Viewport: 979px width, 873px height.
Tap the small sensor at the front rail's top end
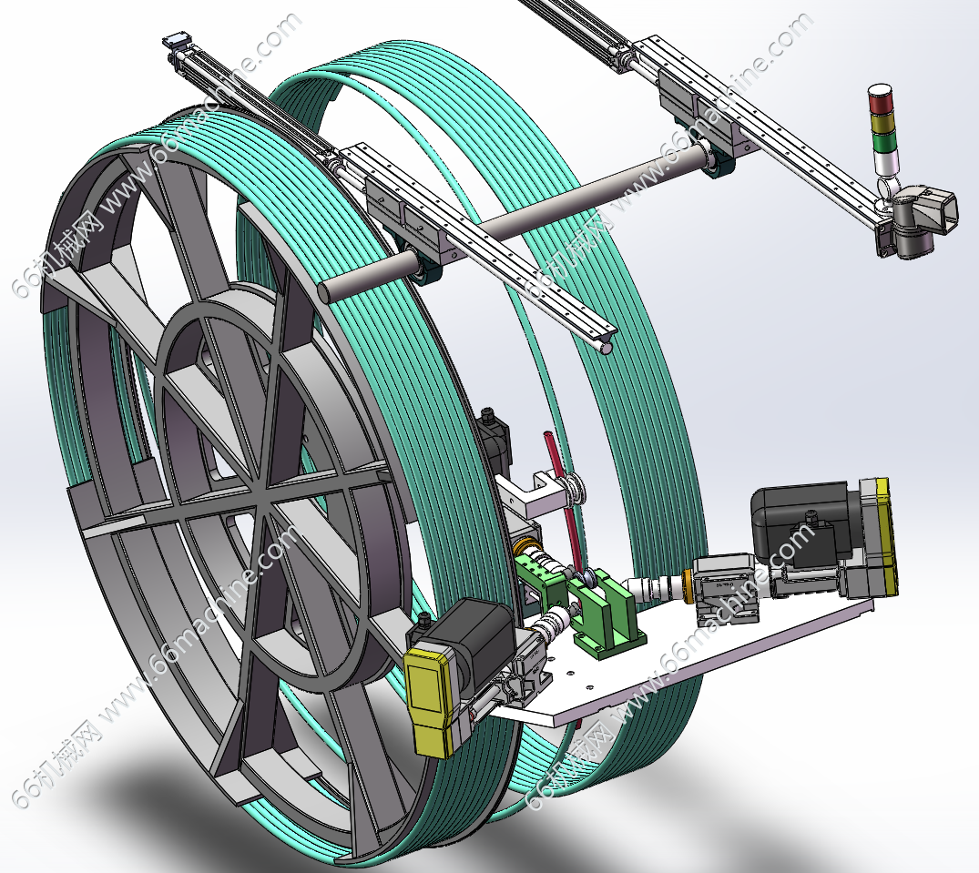pos(176,43)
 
